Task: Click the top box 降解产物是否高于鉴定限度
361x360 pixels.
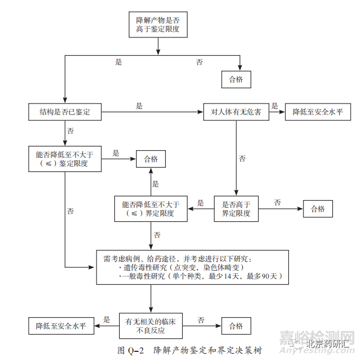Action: click(x=158, y=23)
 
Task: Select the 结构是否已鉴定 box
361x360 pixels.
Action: click(x=65, y=112)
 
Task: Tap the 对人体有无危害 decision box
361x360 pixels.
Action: click(x=236, y=112)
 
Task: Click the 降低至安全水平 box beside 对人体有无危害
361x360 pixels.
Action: click(x=318, y=112)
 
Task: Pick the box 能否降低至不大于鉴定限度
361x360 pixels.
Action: click(x=65, y=158)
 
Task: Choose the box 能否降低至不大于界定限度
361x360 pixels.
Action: click(x=151, y=209)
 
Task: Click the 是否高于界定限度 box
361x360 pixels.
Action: click(x=236, y=209)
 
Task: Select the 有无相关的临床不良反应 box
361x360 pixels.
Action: click(x=151, y=325)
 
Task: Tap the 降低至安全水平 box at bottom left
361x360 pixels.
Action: click(x=61, y=326)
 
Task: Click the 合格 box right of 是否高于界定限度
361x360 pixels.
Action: click(x=318, y=209)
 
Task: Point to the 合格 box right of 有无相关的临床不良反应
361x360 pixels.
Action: click(x=236, y=326)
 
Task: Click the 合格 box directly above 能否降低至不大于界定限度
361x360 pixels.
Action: click(x=151, y=159)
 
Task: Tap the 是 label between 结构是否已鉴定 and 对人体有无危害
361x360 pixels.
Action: click(x=139, y=106)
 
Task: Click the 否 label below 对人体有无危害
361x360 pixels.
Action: click(x=242, y=159)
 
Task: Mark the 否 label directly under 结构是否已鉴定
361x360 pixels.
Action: click(x=70, y=131)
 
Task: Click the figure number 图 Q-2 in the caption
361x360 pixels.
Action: click(x=131, y=350)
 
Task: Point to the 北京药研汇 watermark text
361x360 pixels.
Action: click(x=330, y=343)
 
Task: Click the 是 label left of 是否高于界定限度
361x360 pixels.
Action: click(x=201, y=203)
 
